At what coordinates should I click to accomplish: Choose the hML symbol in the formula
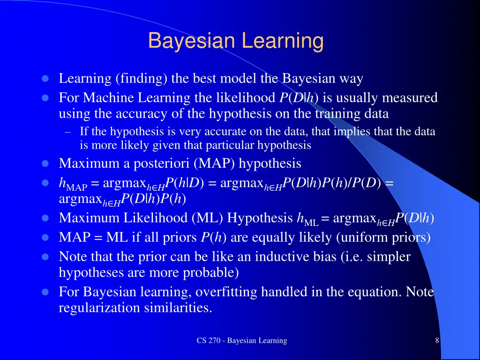(307, 219)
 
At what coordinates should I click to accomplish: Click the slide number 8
(437, 341)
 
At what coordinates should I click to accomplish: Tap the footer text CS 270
(210, 341)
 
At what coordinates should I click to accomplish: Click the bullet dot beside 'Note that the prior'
(45, 257)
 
